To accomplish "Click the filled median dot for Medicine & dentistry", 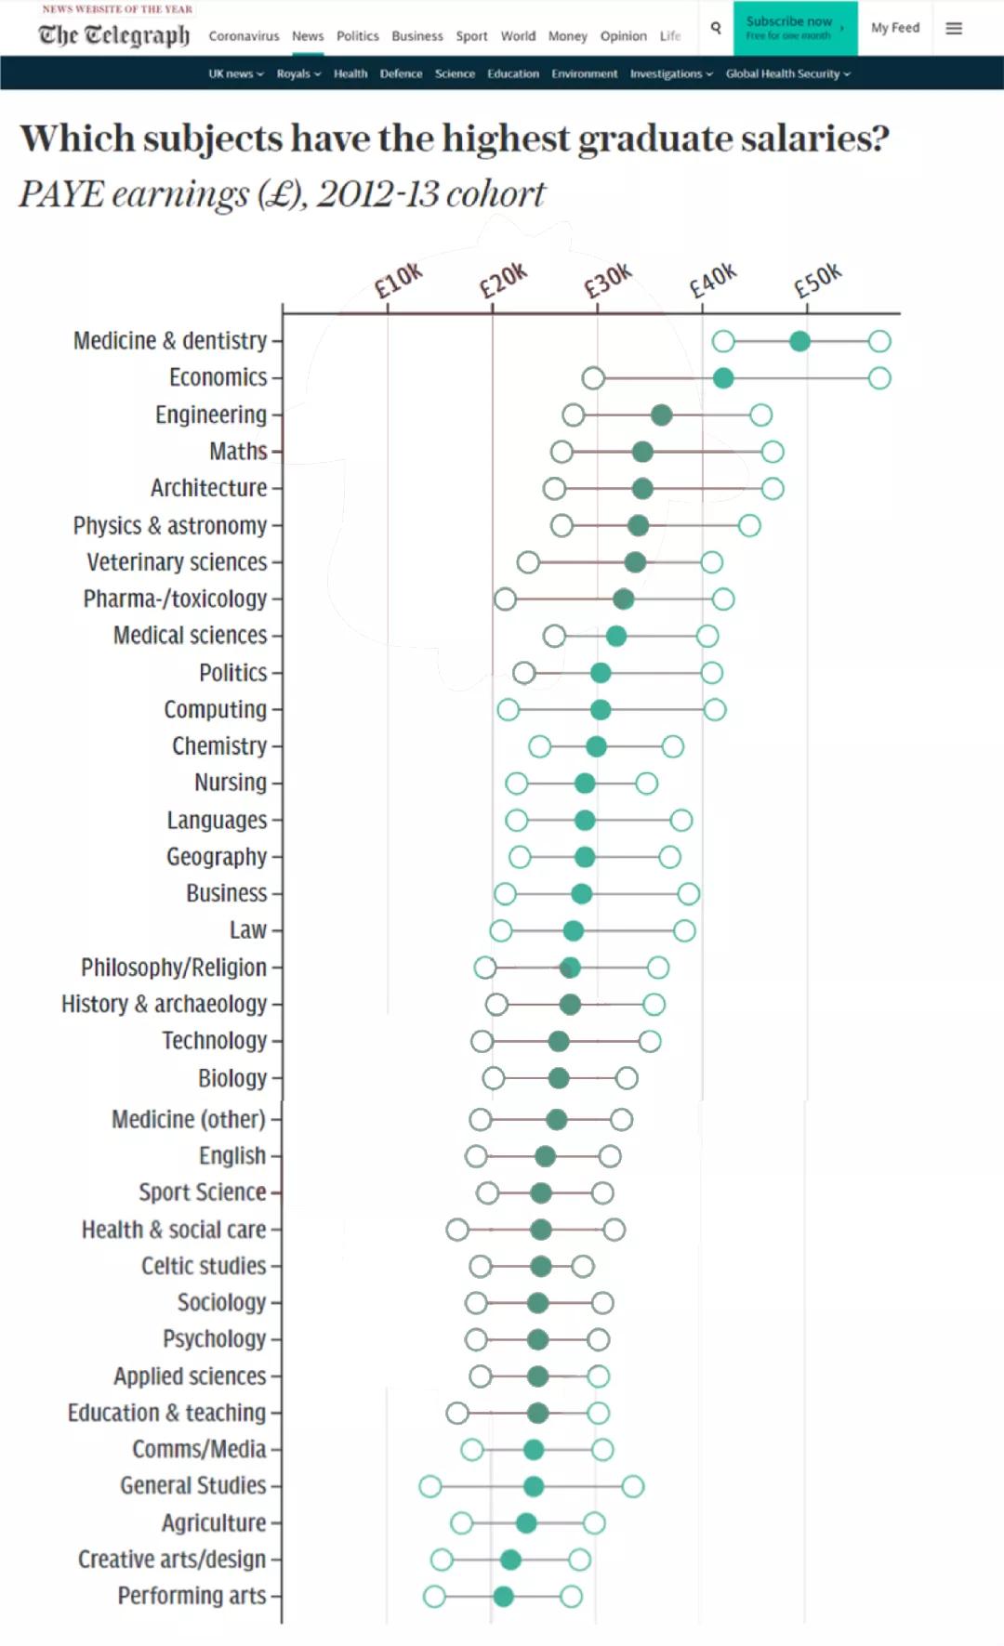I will click(x=799, y=341).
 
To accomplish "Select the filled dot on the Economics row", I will click(x=723, y=378).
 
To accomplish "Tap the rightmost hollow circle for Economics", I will click(x=879, y=378).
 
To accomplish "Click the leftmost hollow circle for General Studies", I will click(x=429, y=1486).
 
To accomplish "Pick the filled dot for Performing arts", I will click(x=503, y=1597).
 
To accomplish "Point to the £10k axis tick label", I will click(x=398, y=280).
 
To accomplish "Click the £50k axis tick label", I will click(x=817, y=280).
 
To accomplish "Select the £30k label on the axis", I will click(x=607, y=280).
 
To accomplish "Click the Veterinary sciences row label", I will click(x=177, y=562).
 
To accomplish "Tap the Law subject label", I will click(x=248, y=930).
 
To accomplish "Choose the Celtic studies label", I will click(x=204, y=1266).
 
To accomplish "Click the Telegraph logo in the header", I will click(x=113, y=34).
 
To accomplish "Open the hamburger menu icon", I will click(x=954, y=28).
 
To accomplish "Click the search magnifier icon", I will click(x=716, y=28).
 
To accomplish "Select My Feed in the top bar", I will click(x=894, y=28).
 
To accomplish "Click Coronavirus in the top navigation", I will click(x=244, y=36).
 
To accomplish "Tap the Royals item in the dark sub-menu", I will click(x=297, y=73).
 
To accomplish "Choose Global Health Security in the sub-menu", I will click(x=786, y=73).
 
